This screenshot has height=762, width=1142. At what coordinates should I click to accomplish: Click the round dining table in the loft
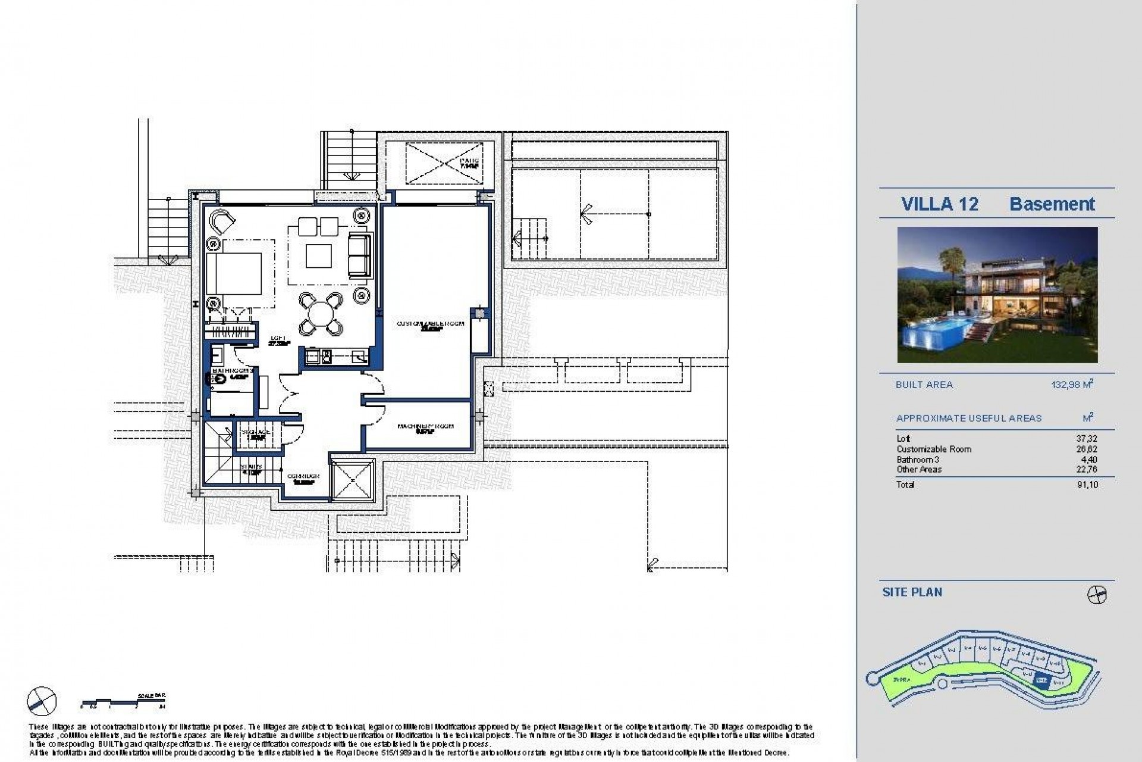point(321,313)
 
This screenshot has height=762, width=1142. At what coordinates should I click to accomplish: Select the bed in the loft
point(234,274)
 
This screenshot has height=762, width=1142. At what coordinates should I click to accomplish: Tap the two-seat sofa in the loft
point(359,255)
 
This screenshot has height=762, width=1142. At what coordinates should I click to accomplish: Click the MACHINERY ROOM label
point(426,427)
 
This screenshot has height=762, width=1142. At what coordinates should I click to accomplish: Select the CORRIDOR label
point(303,477)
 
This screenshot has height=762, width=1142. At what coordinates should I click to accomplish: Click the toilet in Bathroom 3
point(219,377)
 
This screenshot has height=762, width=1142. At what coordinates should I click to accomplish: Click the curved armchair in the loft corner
point(223,221)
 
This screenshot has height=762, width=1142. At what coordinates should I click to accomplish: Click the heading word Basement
point(1052,204)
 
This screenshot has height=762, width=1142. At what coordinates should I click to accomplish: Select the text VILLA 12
point(939,204)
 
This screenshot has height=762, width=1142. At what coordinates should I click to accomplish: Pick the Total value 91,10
point(1087,485)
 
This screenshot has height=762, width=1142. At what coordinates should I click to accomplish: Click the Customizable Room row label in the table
point(933,449)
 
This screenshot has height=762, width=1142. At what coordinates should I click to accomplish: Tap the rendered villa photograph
point(997,295)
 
